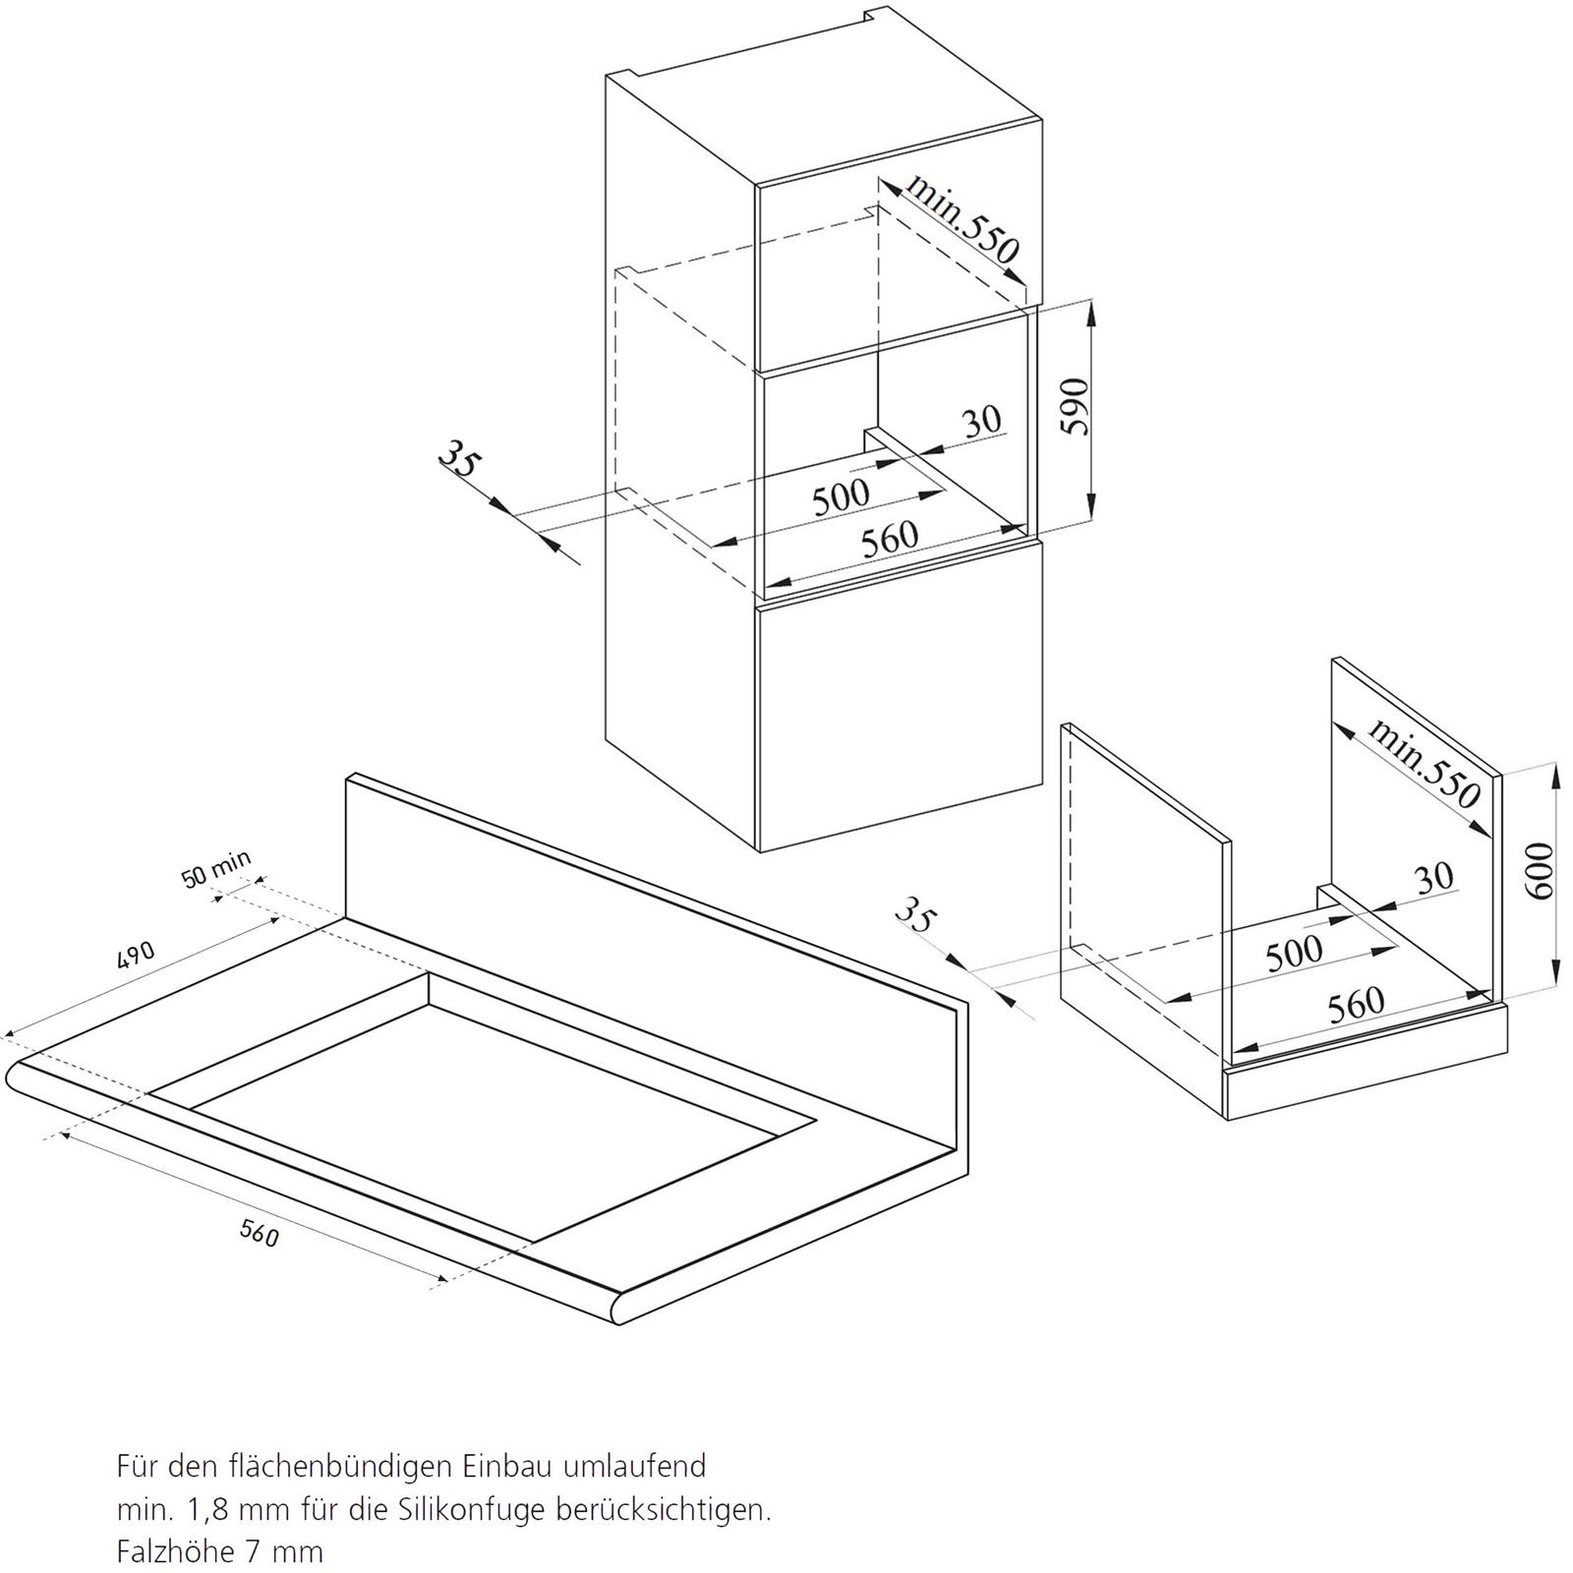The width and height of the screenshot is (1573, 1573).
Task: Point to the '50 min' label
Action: pos(216,867)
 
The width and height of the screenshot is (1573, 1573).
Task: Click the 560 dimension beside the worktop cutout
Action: pos(259,1232)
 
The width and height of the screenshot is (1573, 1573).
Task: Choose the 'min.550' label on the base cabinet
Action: pos(1424,762)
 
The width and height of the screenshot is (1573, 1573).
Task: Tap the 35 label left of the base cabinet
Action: pos(914,916)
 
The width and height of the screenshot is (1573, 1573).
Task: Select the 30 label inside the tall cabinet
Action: pos(981,422)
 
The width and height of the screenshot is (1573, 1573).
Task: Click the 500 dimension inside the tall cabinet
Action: pos(841,496)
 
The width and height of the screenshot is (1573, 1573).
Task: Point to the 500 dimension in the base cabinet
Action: pos(1294,952)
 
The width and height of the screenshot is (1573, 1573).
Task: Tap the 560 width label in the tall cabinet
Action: pos(890,539)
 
